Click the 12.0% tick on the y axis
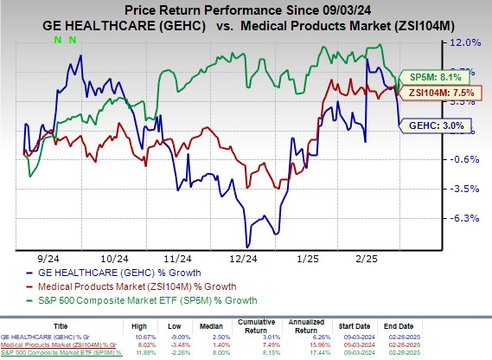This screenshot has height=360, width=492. [x=465, y=42]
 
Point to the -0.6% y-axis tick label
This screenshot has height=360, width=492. [x=465, y=158]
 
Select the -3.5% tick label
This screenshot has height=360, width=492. [x=465, y=188]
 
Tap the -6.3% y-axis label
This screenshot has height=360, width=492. [x=465, y=217]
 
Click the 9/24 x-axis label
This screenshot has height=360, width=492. [x=47, y=259]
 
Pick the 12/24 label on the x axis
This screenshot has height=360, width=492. [x=244, y=259]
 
